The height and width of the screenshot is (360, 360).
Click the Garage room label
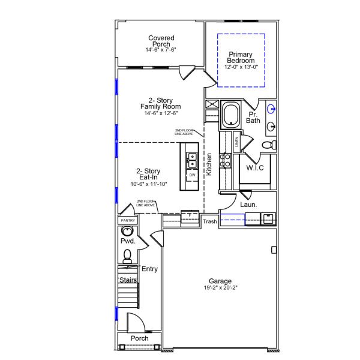point(220,281)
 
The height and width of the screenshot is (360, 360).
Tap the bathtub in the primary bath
point(230,115)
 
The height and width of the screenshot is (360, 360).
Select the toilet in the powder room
point(127,256)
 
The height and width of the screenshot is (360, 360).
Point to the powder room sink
point(127,232)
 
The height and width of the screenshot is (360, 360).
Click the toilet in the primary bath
point(272,145)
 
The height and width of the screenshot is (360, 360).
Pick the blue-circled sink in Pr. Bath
point(271,109)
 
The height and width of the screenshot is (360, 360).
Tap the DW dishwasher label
point(193,175)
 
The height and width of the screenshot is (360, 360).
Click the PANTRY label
point(128,220)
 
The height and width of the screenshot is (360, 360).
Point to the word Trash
point(209,221)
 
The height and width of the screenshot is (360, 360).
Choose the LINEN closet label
point(237,142)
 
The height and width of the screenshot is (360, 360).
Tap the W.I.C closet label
point(255,167)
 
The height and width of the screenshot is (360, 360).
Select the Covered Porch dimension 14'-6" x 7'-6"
point(160,50)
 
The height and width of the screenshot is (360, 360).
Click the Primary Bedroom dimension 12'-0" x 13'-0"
point(241,67)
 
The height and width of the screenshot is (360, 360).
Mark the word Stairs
point(128,280)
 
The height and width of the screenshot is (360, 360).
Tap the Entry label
point(149,269)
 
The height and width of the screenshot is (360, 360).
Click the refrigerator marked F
point(190,215)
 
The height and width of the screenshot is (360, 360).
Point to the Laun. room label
point(248,205)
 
